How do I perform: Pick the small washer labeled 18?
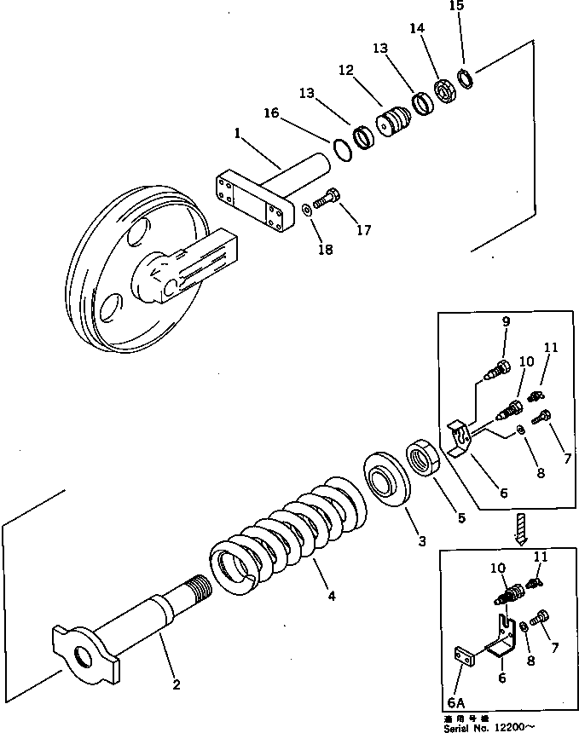(305, 206)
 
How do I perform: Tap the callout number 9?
(505, 321)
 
